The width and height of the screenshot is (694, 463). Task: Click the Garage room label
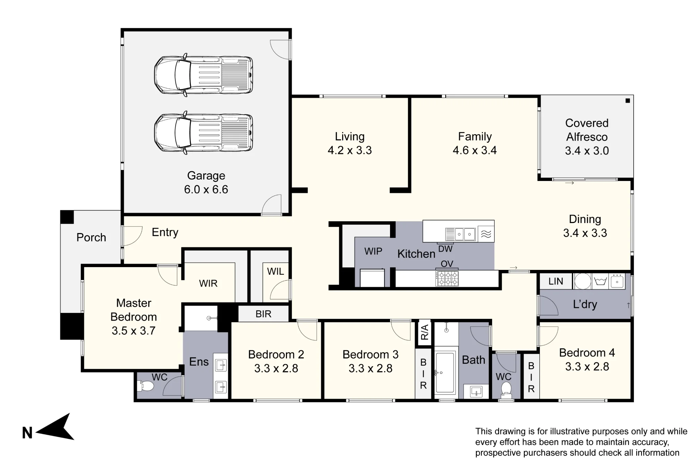(x=206, y=176)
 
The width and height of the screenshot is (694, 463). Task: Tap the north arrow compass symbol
(x=54, y=427)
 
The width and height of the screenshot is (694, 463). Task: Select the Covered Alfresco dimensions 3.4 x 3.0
(x=587, y=151)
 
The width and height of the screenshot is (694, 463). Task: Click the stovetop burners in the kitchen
(x=447, y=279)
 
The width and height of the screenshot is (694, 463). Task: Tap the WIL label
(x=276, y=271)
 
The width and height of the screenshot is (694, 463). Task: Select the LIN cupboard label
(x=556, y=281)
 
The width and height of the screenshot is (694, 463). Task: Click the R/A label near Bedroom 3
(x=424, y=332)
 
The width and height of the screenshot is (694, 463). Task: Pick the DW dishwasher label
(x=446, y=249)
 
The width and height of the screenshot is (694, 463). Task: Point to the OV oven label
(x=447, y=264)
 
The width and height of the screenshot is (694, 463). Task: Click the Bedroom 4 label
(x=587, y=353)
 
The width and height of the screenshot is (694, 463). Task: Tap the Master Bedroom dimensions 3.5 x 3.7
(x=134, y=331)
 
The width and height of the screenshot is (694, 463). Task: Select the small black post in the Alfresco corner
(x=627, y=101)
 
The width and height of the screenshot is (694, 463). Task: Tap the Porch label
(x=91, y=238)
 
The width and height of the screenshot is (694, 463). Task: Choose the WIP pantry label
(x=373, y=251)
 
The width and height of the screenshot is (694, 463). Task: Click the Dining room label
(x=585, y=219)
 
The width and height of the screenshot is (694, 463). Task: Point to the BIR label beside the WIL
(x=263, y=314)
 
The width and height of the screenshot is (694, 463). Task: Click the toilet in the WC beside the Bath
(x=506, y=390)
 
